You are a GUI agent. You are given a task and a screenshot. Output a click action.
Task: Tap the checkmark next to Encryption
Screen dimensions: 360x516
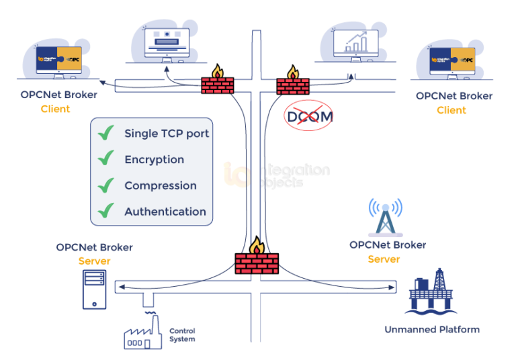(105, 159)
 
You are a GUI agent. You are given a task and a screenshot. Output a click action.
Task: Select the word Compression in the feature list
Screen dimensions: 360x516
(160, 185)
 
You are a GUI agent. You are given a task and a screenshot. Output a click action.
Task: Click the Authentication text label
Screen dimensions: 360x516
(165, 212)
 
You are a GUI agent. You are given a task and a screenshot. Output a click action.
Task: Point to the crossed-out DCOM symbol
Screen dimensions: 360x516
(308, 116)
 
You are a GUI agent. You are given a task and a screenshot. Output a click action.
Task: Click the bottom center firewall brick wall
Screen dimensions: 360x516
(257, 262)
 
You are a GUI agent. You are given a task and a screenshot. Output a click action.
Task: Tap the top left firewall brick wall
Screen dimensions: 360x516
(218, 85)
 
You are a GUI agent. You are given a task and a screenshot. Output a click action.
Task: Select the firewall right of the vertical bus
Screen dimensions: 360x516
(293, 85)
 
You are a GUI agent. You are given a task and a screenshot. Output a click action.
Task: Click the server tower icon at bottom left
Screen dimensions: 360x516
(94, 289)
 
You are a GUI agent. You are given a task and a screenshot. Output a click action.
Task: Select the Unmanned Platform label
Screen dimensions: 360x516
(431, 330)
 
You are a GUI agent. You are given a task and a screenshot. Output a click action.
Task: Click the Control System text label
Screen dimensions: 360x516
(182, 334)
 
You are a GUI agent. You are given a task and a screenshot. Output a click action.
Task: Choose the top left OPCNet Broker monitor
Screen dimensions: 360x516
(58, 60)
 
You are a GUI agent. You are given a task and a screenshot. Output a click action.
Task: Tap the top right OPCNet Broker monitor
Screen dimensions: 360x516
(454, 61)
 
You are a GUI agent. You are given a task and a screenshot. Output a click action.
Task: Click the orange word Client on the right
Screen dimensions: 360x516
(451, 110)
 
